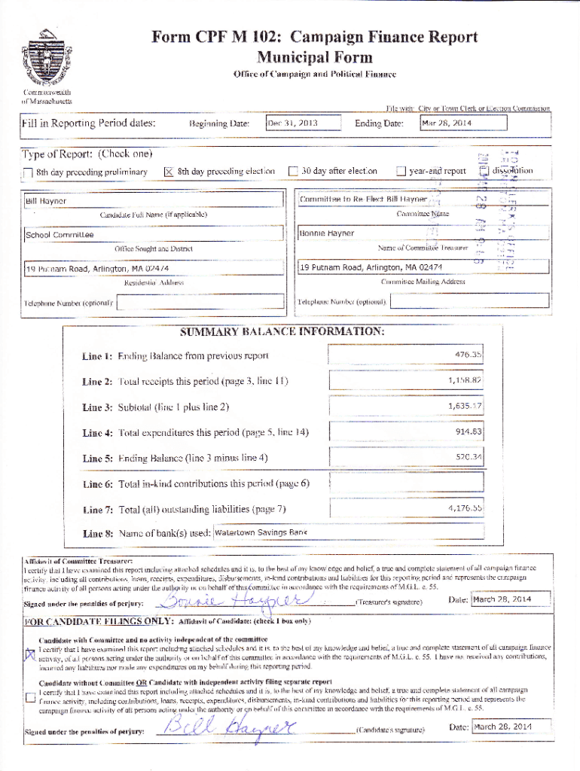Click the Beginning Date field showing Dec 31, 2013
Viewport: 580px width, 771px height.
pyautogui.click(x=303, y=123)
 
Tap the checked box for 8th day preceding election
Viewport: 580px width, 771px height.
pyautogui.click(x=169, y=172)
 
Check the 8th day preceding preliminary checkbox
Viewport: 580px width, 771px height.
pyautogui.click(x=28, y=172)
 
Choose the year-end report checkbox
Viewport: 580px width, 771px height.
pyautogui.click(x=401, y=172)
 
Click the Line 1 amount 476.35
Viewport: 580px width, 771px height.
pyautogui.click(x=406, y=355)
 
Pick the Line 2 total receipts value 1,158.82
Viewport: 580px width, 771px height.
pyautogui.click(x=406, y=380)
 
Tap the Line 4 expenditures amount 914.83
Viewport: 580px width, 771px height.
pyautogui.click(x=406, y=431)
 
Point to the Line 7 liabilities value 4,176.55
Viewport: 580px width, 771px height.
pyautogui.click(x=406, y=508)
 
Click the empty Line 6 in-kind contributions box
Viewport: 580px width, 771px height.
pyautogui.click(x=406, y=482)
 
